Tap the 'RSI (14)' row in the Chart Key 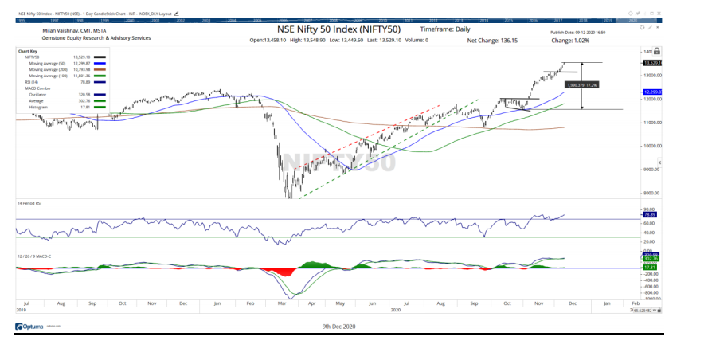(33, 81)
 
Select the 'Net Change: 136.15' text (492, 39)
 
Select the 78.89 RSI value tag (651, 215)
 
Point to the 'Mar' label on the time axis (283, 303)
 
